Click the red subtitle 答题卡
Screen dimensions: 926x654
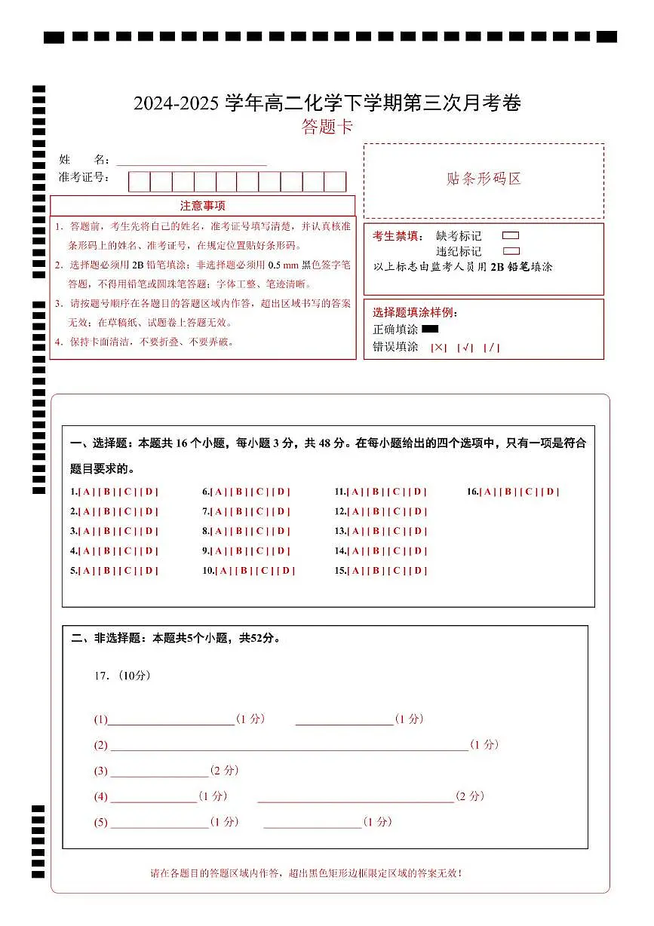tap(327, 127)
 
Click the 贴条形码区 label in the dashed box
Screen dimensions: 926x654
tap(484, 179)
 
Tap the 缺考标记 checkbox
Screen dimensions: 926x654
tap(511, 236)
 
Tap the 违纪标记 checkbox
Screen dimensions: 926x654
tap(511, 251)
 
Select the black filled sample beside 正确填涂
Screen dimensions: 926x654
tap(430, 329)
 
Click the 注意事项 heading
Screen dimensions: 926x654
tap(202, 206)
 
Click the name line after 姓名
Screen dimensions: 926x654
tap(192, 160)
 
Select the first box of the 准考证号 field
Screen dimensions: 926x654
tap(139, 182)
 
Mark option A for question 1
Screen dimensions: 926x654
tap(87, 492)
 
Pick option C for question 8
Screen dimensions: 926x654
tap(260, 532)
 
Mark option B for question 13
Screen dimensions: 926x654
tap(376, 532)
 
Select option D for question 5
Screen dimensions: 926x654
tap(150, 571)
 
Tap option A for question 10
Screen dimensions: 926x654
tap(224, 571)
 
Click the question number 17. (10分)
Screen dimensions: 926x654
tap(122, 676)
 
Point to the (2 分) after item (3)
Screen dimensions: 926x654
tap(224, 771)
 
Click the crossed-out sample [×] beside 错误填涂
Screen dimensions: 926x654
tap(438, 348)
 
